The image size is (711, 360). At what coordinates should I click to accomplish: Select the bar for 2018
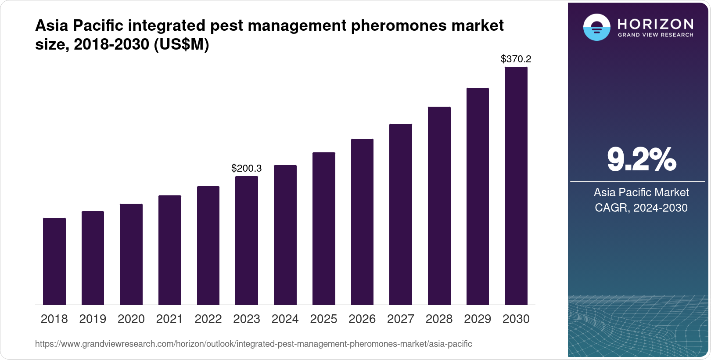(x=54, y=261)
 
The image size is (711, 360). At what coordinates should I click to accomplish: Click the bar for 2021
(x=170, y=250)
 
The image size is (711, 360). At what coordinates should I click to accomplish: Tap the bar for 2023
(x=247, y=241)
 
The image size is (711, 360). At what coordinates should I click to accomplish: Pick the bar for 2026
(x=362, y=222)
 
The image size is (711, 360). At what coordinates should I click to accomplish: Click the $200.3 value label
(x=247, y=168)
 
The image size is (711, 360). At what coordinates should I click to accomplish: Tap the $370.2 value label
(x=516, y=59)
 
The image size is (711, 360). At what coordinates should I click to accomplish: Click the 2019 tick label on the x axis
(x=93, y=319)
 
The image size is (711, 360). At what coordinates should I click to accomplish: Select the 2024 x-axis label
(x=285, y=319)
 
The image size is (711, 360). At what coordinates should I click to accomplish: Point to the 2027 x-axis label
(x=401, y=319)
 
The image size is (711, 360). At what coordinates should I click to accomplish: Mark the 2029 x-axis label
(x=478, y=319)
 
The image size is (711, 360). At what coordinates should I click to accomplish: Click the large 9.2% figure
(x=641, y=160)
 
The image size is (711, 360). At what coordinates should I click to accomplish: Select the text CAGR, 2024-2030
(x=641, y=208)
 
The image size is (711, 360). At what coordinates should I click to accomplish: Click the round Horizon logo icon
(x=596, y=27)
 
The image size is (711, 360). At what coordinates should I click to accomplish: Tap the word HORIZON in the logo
(x=656, y=24)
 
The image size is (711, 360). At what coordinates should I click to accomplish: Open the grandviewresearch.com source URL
(x=253, y=344)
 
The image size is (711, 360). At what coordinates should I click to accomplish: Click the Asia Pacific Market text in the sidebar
(x=641, y=192)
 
